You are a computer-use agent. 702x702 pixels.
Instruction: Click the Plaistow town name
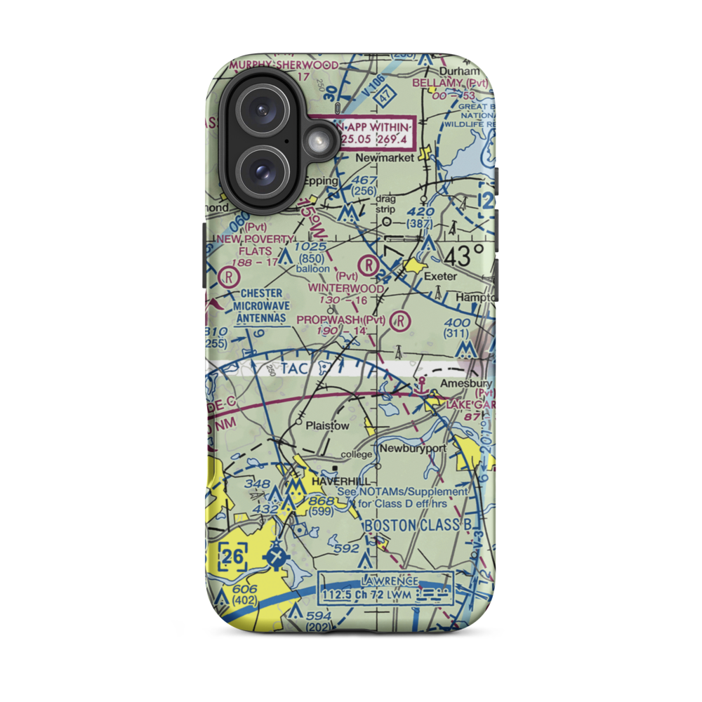click(327, 425)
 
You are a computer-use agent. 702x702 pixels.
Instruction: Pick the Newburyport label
click(413, 448)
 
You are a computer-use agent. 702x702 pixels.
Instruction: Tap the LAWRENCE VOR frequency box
click(385, 588)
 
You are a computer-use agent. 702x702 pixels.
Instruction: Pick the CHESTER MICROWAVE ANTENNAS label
click(260, 305)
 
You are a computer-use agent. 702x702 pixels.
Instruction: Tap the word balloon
click(312, 268)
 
